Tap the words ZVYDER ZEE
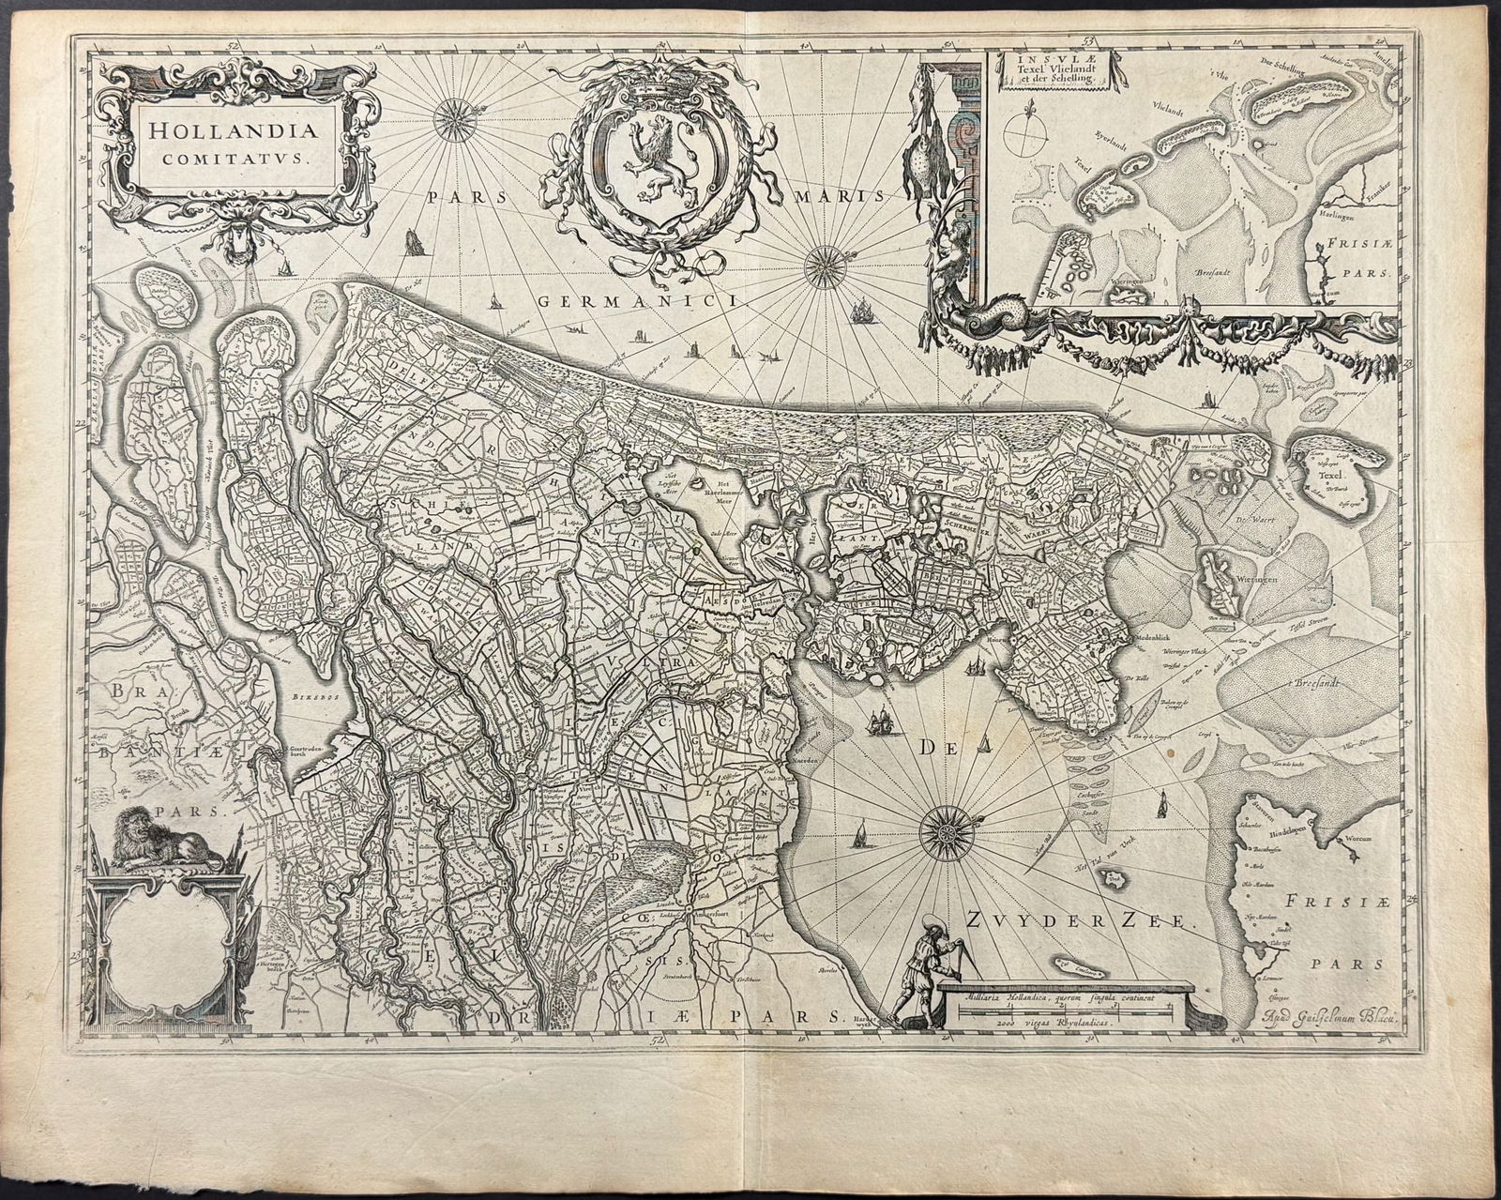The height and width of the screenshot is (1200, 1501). pos(1079,923)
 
